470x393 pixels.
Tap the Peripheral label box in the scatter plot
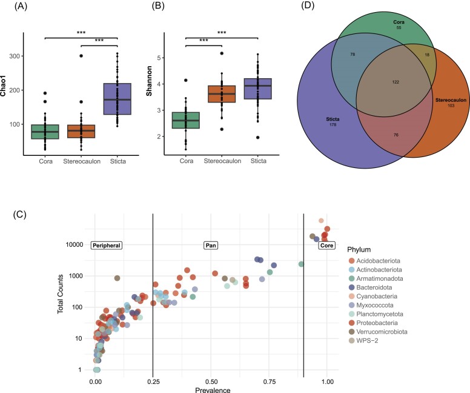point(107,246)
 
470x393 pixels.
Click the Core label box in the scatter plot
point(326,246)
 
